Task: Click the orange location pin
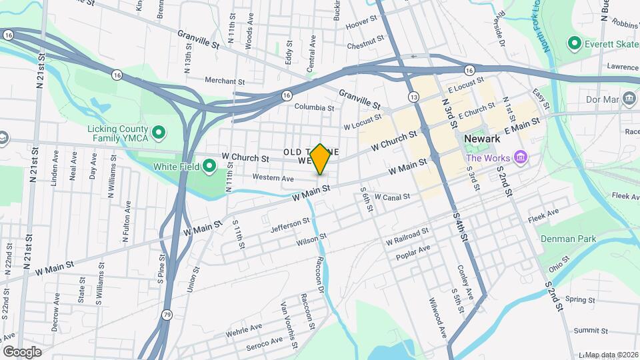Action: [x=321, y=159]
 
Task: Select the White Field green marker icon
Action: [x=209, y=165]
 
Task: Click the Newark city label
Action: [x=481, y=140]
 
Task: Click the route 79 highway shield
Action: [x=167, y=314]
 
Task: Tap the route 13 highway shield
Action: [x=415, y=97]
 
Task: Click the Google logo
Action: [x=23, y=351]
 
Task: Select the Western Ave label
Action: [x=273, y=178]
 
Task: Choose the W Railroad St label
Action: [x=407, y=235]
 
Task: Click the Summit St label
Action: [x=587, y=330]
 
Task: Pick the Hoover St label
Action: [x=362, y=23]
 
